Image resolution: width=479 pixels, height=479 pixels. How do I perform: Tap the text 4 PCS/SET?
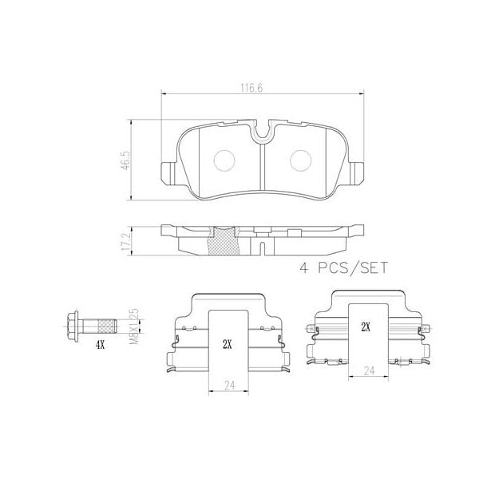pyautogui.click(x=342, y=268)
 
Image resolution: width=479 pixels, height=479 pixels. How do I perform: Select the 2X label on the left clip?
pyautogui.click(x=227, y=344)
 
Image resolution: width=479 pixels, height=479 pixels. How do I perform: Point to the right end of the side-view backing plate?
pyautogui.click(x=361, y=231)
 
